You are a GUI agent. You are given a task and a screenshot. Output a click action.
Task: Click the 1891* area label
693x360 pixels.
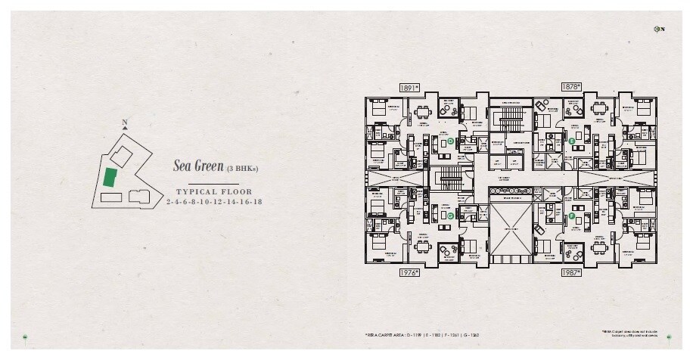click(x=409, y=88)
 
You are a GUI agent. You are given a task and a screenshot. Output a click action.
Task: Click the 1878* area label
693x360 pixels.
click(x=570, y=88)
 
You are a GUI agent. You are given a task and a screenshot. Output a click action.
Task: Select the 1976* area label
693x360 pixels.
click(x=409, y=272)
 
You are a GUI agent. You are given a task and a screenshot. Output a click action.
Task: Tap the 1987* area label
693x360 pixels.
click(x=570, y=272)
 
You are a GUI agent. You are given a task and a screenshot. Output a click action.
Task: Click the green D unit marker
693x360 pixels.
click(x=450, y=141)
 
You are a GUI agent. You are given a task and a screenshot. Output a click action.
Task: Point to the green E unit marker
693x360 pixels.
click(x=572, y=141)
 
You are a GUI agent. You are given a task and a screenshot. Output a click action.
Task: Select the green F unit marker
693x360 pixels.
click(x=572, y=216)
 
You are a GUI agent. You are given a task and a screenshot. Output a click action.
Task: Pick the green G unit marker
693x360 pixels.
click(x=450, y=216)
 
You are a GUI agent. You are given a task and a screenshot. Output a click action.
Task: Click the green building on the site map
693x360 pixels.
click(x=110, y=178)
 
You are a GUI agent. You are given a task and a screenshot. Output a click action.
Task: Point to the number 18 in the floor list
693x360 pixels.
click(x=257, y=202)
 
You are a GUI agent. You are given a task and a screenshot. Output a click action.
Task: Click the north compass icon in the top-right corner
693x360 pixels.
click(x=658, y=29)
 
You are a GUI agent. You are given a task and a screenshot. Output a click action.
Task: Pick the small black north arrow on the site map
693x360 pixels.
click(x=125, y=129)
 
